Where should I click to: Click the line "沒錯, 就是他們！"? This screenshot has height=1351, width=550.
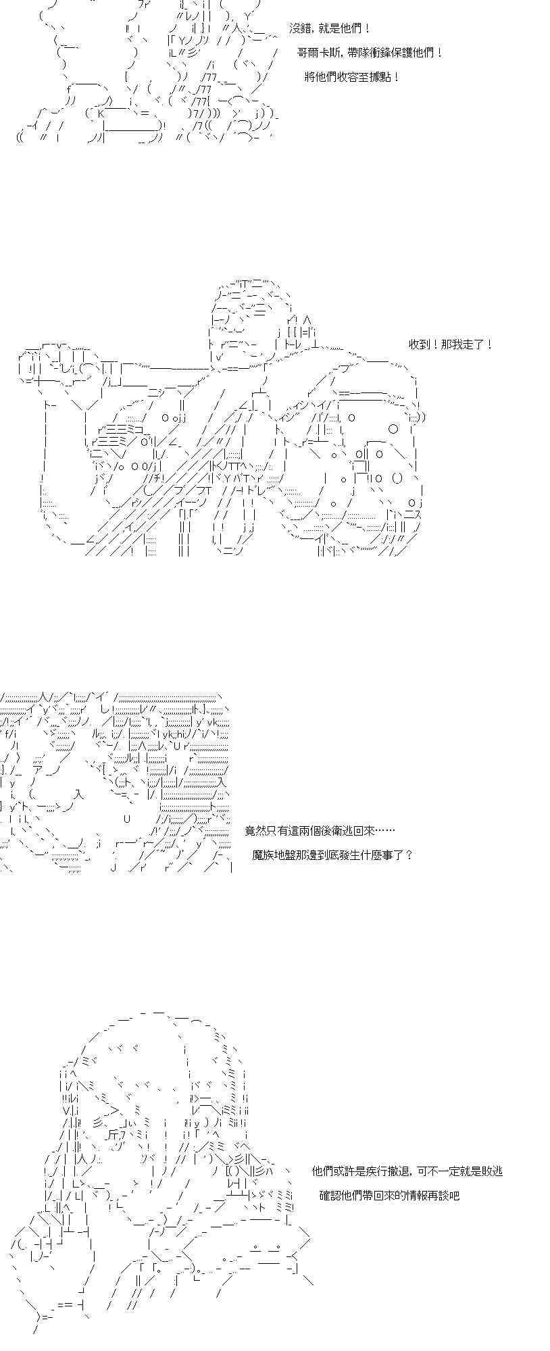pyautogui.click(x=329, y=29)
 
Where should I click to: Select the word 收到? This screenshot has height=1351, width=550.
pyautogui.click(x=419, y=345)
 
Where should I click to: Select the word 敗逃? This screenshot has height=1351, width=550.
pyautogui.click(x=493, y=1171)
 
